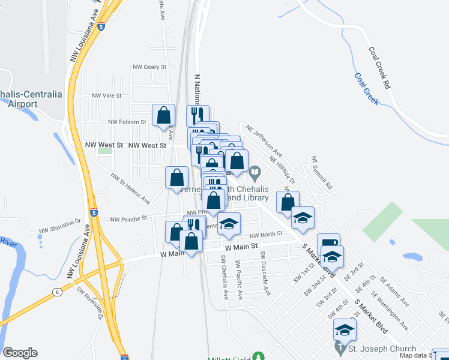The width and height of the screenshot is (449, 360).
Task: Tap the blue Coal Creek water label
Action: point(366,89)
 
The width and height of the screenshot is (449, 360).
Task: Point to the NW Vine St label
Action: point(106,95)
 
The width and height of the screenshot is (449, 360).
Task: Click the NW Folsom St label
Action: point(127,122)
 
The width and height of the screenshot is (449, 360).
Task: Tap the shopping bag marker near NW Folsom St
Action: point(163,115)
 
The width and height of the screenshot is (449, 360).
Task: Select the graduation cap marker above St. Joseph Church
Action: point(345,330)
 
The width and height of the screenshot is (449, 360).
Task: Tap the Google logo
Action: point(20,353)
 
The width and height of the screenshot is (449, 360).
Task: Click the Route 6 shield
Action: point(57,292)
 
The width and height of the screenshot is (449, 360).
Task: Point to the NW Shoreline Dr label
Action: point(59,225)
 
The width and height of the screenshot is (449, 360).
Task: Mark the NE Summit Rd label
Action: point(322,173)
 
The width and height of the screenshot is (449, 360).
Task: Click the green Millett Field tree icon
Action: point(259,356)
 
